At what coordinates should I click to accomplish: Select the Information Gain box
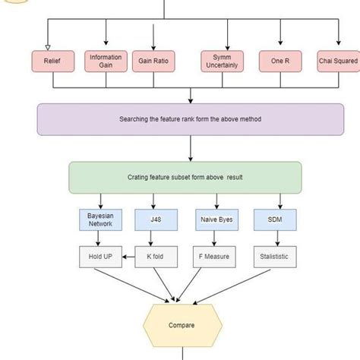tap(105, 62)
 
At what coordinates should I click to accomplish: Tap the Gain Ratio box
tap(153, 62)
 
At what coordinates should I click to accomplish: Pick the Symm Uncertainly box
tap(221, 62)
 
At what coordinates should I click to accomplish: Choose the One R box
tap(280, 62)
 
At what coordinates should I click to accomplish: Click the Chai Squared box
tap(337, 62)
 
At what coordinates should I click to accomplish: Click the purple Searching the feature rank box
tap(190, 119)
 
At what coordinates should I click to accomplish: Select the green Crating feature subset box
tap(185, 177)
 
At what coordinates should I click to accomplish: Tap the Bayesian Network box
tap(99, 220)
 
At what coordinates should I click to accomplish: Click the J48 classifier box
tap(156, 220)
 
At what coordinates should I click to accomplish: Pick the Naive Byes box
tap(216, 220)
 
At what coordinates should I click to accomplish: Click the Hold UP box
tap(99, 257)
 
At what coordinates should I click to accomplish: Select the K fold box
tap(156, 257)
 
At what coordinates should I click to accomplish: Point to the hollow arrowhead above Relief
tap(48, 45)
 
